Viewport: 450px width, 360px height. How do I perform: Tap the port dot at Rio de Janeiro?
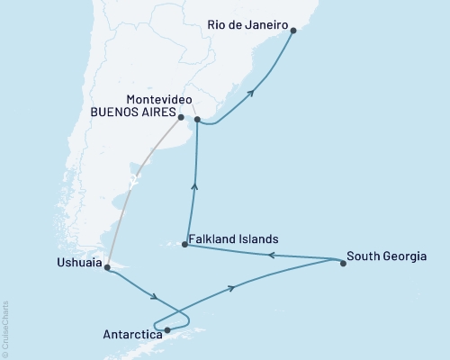292,30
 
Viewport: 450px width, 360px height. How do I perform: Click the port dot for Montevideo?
196,119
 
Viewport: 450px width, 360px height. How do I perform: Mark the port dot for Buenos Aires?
181,117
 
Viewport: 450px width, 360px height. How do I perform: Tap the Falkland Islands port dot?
184,244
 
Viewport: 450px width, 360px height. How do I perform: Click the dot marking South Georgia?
343,265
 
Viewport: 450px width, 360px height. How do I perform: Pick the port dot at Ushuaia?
107,267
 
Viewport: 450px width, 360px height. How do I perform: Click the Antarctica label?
132,333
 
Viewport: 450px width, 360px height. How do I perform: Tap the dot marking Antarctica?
167,330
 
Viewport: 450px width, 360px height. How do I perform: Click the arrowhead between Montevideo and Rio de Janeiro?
251,92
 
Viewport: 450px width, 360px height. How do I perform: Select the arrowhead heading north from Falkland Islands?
195,186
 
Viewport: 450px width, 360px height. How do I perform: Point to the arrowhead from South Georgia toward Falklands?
272,256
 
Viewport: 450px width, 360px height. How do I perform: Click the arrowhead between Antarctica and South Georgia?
233,287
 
